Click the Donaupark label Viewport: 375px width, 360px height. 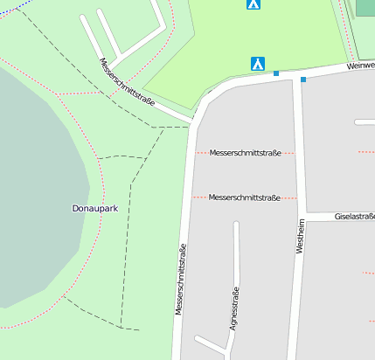(x=94, y=209)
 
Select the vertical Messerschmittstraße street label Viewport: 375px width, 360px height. (x=181, y=280)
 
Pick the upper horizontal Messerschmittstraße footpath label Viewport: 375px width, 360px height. (x=245, y=153)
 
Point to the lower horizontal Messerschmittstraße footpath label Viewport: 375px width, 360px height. (x=245, y=197)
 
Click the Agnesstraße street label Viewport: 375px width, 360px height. (x=233, y=310)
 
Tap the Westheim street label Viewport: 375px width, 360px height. (x=300, y=236)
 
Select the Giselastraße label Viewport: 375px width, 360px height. (x=354, y=217)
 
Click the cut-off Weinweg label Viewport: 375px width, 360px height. (x=359, y=66)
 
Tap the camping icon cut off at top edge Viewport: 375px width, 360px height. (x=253, y=4)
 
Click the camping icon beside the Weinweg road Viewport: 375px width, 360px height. (x=258, y=64)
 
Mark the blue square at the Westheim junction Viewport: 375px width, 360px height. (x=303, y=80)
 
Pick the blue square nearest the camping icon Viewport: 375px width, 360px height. (x=276, y=73)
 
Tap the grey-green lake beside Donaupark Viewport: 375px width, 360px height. (x=35, y=192)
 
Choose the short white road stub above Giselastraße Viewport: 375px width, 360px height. (x=365, y=122)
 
